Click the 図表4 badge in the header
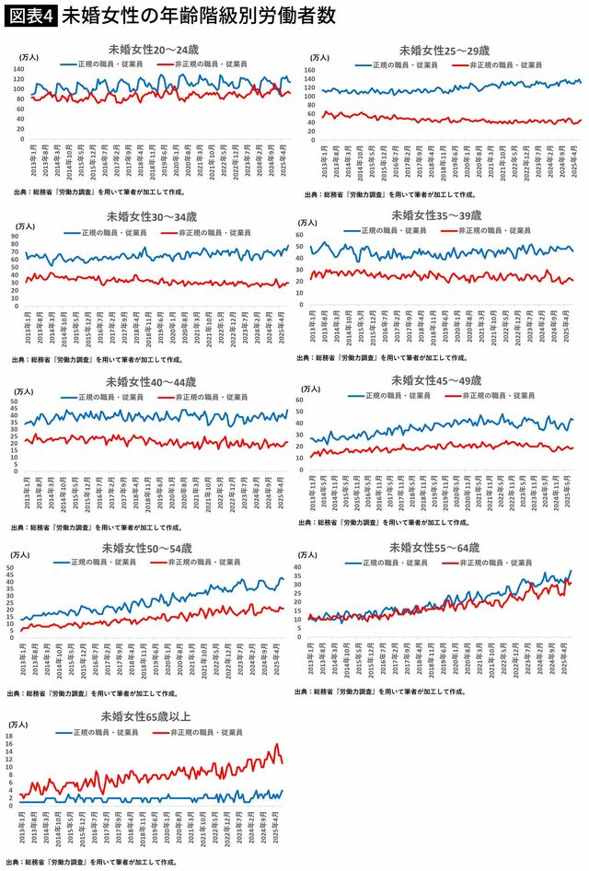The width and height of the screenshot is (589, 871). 29,16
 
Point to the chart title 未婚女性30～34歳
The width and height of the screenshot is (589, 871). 152,217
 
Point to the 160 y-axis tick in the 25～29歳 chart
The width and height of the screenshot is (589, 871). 310,68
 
